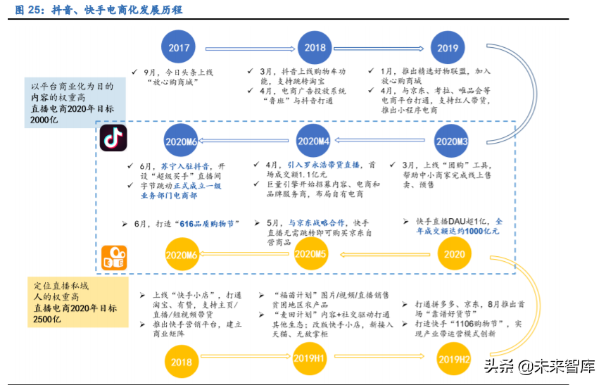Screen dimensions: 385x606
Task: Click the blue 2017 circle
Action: (x=179, y=48)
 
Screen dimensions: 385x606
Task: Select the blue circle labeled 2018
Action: (x=315, y=48)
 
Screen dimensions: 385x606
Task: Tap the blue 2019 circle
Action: (x=448, y=49)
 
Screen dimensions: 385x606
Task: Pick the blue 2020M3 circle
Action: (x=452, y=141)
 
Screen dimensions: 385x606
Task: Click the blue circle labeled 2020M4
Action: (x=313, y=141)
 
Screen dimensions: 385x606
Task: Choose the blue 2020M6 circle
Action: (x=181, y=141)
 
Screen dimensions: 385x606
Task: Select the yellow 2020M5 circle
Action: (x=310, y=254)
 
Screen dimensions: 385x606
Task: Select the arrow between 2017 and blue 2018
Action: (x=246, y=48)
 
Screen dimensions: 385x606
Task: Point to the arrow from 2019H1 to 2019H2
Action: (x=380, y=360)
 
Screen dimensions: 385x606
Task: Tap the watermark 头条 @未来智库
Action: (x=538, y=367)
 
